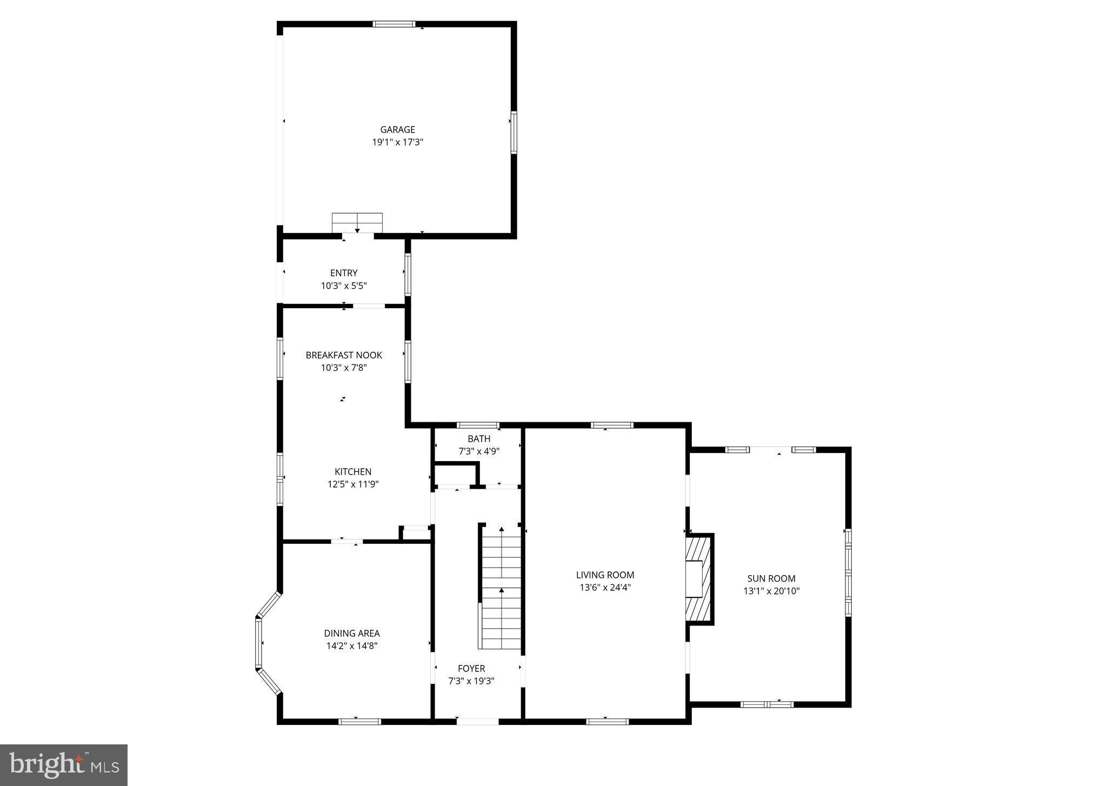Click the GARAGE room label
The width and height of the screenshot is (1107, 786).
click(397, 130)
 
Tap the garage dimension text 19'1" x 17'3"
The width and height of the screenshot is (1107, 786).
click(397, 143)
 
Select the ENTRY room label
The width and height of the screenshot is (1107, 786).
click(344, 273)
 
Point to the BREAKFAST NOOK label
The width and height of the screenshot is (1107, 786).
click(344, 355)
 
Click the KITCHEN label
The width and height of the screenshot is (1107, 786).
click(353, 472)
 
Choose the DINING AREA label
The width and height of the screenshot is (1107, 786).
click(352, 633)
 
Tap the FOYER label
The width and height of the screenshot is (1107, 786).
click(471, 669)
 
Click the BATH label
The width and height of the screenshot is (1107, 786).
click(479, 439)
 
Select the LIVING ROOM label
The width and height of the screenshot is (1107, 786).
click(605, 575)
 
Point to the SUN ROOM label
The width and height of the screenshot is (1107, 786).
click(771, 578)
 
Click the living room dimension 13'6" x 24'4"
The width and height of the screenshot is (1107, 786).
click(605, 588)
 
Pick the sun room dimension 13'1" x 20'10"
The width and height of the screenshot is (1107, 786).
click(771, 591)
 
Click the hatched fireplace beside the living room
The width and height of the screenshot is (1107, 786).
click(699, 579)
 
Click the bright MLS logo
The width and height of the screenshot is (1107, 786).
click(64, 765)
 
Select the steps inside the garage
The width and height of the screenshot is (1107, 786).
click(357, 223)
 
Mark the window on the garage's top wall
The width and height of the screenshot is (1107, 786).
click(394, 24)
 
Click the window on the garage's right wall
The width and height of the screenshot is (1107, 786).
click(514, 133)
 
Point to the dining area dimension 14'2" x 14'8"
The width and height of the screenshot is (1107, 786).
click(352, 645)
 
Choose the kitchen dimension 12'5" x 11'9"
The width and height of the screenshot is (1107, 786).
click(353, 484)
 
